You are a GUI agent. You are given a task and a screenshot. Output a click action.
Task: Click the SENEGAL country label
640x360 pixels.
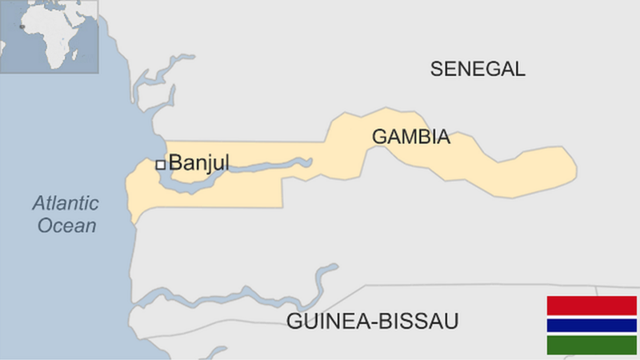tap(478, 69)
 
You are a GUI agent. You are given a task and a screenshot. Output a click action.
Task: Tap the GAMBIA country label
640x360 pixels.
tap(410, 138)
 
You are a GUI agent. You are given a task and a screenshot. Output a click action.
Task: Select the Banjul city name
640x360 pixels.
tap(199, 163)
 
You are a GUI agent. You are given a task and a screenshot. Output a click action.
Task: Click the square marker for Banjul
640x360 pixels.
tap(160, 165)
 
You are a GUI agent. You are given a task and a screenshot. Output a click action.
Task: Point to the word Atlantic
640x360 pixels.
tap(66, 203)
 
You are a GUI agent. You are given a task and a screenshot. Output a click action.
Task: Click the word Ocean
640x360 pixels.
tap(67, 226)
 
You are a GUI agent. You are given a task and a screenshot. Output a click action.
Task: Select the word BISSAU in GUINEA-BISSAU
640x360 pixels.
tap(420, 322)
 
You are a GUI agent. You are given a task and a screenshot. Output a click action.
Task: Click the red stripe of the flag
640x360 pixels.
tap(591, 305)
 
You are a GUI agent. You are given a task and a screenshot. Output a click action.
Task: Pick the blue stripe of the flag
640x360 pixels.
tap(591, 326)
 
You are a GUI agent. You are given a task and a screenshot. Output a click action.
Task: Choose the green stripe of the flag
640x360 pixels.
tap(591, 345)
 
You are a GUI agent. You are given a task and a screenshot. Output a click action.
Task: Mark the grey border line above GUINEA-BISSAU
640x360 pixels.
tap(480, 286)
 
